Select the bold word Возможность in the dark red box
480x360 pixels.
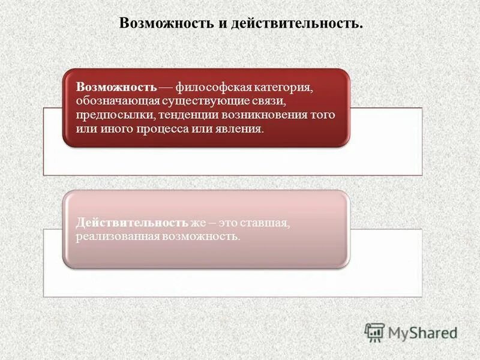point(116,86)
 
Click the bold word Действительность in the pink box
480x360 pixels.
point(132,223)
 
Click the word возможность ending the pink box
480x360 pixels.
point(200,236)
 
